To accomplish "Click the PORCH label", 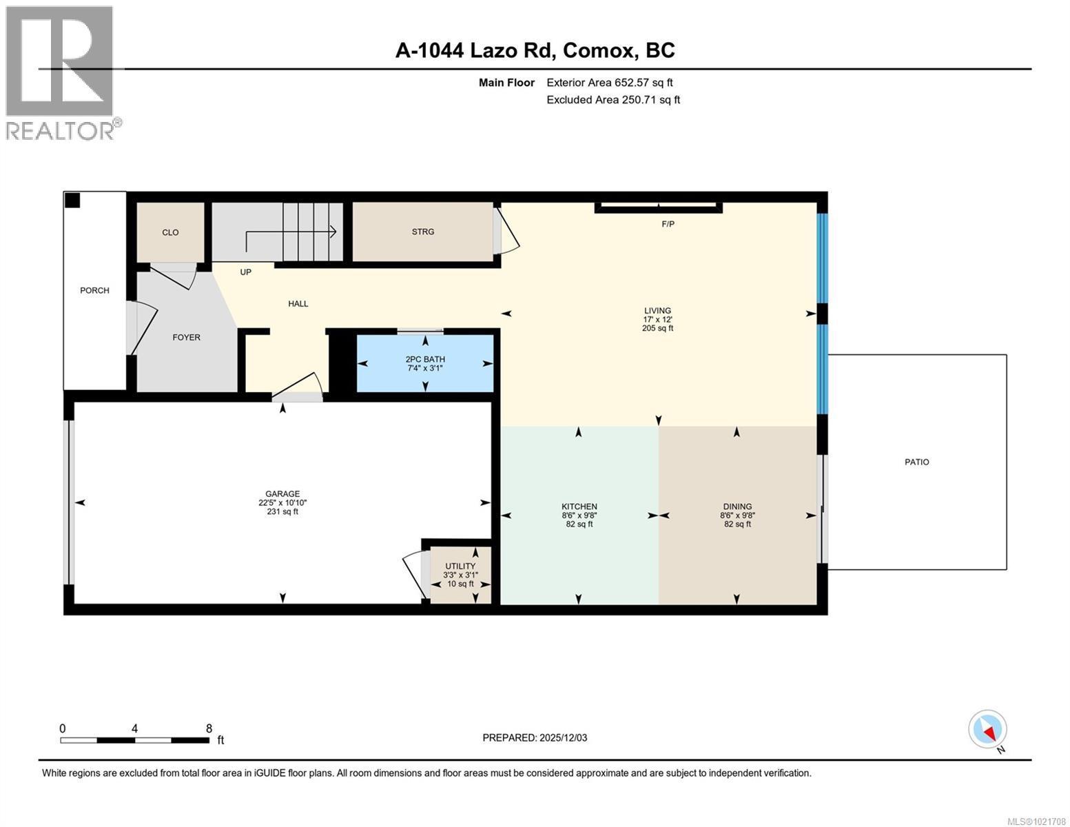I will [x=94, y=290].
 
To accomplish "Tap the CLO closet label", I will [x=170, y=232].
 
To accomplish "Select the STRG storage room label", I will [x=422, y=232].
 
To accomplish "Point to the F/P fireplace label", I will [x=668, y=224].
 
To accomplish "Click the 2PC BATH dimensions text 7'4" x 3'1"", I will [x=424, y=368].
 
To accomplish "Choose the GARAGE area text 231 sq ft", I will [x=282, y=511].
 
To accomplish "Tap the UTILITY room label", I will [x=460, y=566].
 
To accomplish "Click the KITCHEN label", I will [x=579, y=507].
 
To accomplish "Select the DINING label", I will [x=737, y=507].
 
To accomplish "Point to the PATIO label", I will [x=916, y=462].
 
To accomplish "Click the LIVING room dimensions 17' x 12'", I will [x=657, y=320].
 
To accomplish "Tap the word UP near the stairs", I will [x=245, y=272].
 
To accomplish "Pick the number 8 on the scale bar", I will [x=209, y=728].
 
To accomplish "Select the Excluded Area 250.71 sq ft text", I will [x=613, y=100].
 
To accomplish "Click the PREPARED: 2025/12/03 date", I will [x=535, y=737].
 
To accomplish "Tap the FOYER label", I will [x=186, y=337].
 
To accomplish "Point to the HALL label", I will [x=298, y=303].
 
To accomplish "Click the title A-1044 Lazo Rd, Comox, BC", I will [x=535, y=50].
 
